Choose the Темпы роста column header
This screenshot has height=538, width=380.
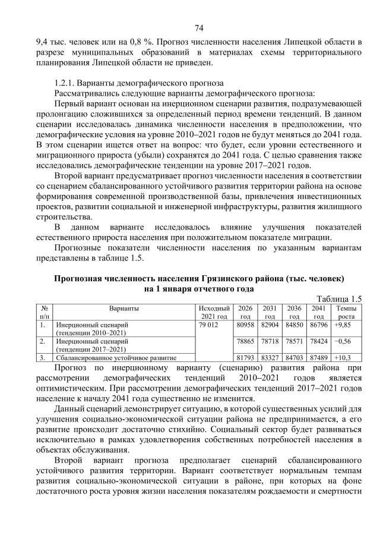click(x=346, y=312)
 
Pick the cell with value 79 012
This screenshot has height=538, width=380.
click(x=210, y=325)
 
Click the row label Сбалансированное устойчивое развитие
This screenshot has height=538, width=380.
click(x=115, y=358)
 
